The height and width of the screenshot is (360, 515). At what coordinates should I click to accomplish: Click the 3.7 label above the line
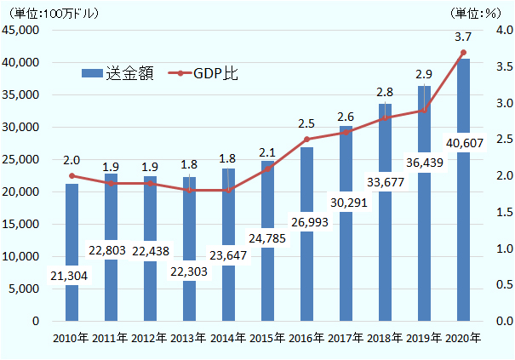(x=463, y=37)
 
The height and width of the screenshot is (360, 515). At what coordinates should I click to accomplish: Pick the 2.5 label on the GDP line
(x=306, y=123)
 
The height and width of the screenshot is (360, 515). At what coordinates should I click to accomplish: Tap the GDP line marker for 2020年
(x=463, y=53)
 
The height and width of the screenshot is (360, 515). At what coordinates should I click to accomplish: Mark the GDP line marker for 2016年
(x=306, y=140)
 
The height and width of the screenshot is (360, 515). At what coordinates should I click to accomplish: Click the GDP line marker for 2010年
(x=72, y=176)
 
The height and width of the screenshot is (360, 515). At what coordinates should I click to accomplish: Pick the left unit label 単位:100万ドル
(x=53, y=13)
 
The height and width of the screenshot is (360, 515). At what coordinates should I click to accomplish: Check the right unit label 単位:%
(x=477, y=13)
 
